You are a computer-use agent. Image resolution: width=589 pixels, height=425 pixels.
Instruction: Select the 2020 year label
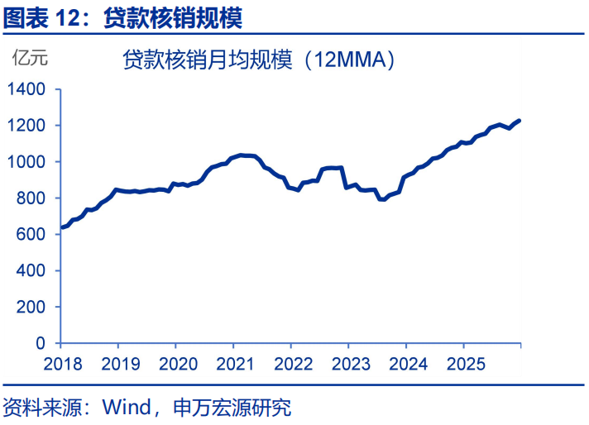[175, 364]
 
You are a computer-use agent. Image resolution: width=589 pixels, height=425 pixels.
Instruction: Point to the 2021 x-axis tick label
[232, 364]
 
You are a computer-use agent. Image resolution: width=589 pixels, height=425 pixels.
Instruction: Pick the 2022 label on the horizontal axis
[290, 364]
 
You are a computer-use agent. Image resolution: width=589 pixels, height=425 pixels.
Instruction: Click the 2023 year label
[347, 364]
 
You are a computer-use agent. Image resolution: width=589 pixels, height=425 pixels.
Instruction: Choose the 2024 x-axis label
[405, 364]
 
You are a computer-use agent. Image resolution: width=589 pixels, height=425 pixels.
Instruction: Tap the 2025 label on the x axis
[463, 364]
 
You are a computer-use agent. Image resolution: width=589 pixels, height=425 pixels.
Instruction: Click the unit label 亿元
[29, 58]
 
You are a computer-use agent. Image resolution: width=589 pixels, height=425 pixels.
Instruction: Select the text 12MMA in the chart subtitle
[351, 60]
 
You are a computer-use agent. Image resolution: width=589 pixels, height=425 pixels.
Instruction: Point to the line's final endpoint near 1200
[520, 121]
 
